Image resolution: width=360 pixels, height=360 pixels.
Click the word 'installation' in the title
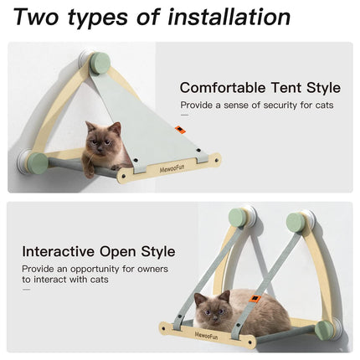coord(229,18)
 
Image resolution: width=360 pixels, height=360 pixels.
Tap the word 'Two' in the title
coord(36,18)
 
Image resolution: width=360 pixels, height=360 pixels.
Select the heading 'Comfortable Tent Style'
coord(260,88)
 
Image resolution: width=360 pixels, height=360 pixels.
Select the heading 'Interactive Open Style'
coord(99,252)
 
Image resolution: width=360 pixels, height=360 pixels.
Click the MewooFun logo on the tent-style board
coord(172,168)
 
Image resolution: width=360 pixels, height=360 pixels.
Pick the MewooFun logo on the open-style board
coord(206,336)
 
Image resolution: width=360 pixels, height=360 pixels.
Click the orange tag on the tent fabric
coord(179,130)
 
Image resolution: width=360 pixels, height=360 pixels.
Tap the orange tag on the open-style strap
coord(255,299)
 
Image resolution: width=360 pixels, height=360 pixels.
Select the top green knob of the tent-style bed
coord(100,64)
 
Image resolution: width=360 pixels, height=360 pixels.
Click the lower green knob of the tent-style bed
coord(38,163)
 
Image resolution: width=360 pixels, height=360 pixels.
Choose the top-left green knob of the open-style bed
coord(238,219)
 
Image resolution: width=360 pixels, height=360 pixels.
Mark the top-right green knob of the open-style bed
coord(296,223)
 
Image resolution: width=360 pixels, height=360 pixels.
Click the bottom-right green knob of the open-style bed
coord(324,331)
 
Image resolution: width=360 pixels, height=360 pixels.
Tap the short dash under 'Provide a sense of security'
coord(184,115)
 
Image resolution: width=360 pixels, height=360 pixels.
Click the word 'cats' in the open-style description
coord(100,280)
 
